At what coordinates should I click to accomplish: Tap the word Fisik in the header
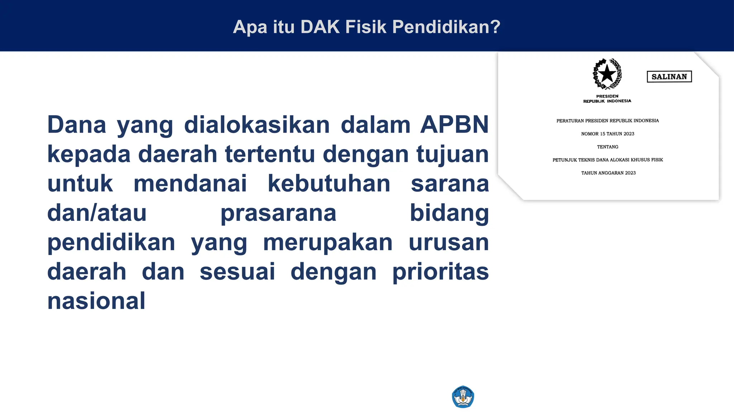click(x=366, y=27)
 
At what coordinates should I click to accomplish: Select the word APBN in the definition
click(x=454, y=125)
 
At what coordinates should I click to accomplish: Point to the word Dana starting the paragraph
click(x=77, y=125)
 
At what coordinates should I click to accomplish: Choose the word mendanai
click(x=190, y=184)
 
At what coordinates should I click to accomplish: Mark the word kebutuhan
click(x=329, y=184)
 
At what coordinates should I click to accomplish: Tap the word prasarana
click(x=278, y=213)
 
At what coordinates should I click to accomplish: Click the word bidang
click(x=449, y=213)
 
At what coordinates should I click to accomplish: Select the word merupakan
click(x=328, y=242)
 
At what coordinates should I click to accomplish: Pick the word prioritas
click(x=440, y=272)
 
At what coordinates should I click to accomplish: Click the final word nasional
click(x=96, y=301)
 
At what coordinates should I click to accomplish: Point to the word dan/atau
click(x=97, y=213)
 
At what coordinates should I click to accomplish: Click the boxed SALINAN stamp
click(x=669, y=77)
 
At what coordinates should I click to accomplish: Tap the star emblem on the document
click(x=607, y=74)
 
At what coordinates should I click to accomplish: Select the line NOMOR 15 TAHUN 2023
click(x=607, y=134)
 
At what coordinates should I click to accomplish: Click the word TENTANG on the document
click(x=607, y=147)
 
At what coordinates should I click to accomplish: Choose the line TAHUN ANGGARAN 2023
click(x=608, y=173)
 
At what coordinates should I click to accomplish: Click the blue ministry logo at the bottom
click(x=463, y=397)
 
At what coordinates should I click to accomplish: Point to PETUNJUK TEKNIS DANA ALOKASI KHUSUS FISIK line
click(x=607, y=160)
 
